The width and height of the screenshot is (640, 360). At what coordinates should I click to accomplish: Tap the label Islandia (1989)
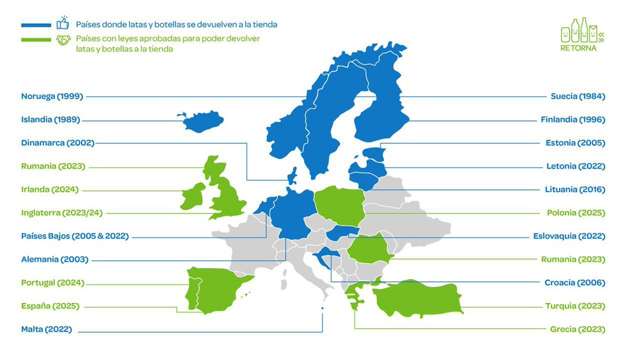[x=51, y=119]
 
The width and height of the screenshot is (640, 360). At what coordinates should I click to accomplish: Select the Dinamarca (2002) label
[x=58, y=143]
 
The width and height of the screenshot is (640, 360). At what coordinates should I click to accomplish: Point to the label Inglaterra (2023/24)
[x=61, y=213]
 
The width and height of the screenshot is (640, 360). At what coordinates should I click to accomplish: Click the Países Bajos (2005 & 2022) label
[x=75, y=236]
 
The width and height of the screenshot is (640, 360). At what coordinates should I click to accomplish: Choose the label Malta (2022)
[x=46, y=329]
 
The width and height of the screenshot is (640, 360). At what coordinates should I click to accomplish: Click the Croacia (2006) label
[x=574, y=283]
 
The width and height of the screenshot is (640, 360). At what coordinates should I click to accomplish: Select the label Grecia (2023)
[x=578, y=329]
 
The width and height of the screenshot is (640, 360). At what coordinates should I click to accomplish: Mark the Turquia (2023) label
[x=575, y=306]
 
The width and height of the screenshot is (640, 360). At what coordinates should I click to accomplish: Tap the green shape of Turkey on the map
[x=421, y=299]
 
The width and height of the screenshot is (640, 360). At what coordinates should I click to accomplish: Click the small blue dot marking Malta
[x=322, y=308]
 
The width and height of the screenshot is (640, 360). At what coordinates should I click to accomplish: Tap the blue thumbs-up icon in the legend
[x=63, y=25]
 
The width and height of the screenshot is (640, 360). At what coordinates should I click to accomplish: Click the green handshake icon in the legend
[x=63, y=40]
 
